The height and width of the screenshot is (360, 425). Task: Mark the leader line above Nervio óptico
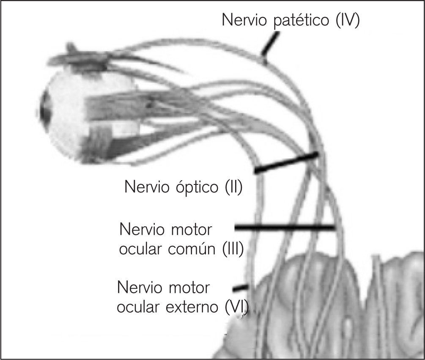286,163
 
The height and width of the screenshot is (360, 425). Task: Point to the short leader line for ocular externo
240,288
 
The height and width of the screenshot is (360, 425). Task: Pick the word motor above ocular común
189,231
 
